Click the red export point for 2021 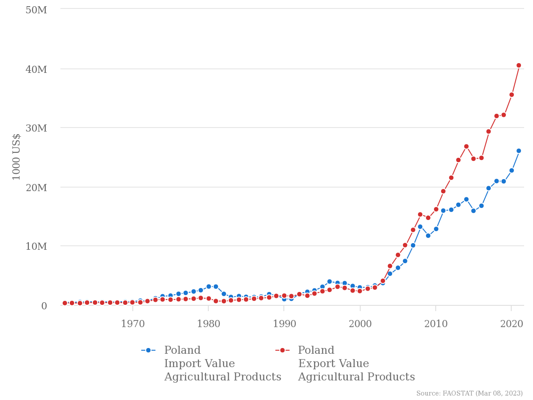click(x=519, y=65)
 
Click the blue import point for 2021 click(x=519, y=151)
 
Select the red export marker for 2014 click(x=466, y=146)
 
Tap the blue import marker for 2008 click(x=420, y=227)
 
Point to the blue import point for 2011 click(x=443, y=211)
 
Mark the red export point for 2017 click(x=489, y=132)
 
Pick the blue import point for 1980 click(x=209, y=287)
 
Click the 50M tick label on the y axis click(x=36, y=10)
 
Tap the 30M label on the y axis click(x=36, y=128)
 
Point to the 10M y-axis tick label click(x=36, y=246)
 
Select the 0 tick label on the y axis click(x=44, y=306)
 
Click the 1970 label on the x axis click(x=133, y=324)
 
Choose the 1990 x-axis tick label click(x=284, y=324)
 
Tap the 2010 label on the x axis click(x=436, y=324)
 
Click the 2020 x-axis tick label click(x=512, y=324)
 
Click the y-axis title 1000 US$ click(x=16, y=156)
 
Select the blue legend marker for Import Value click(x=148, y=350)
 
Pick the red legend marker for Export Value click(x=282, y=350)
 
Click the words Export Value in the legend click(x=334, y=364)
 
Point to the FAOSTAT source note click(x=469, y=393)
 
